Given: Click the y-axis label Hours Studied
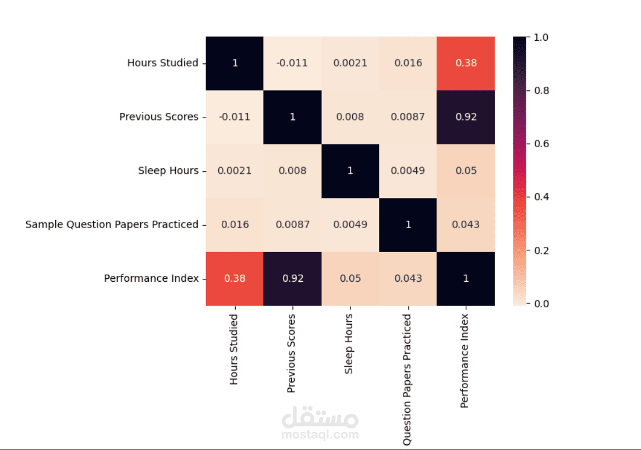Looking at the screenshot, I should point(162,63).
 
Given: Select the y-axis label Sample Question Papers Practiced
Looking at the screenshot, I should point(112,224).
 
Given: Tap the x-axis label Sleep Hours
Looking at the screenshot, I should point(349,345).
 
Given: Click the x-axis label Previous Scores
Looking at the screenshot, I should point(292,353).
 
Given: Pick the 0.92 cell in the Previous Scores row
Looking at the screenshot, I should point(466,116).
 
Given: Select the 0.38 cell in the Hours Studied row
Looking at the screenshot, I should point(466,63).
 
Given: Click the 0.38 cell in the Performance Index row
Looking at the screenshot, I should point(235,278).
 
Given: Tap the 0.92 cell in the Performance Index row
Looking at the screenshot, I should point(292,278).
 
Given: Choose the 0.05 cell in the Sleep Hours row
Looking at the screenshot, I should point(466,171).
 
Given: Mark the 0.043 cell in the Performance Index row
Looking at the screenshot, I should point(408,278).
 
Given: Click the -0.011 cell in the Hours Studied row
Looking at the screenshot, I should point(292,63).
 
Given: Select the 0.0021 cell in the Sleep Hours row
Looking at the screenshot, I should point(235,171).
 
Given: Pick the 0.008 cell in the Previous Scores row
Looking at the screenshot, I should point(350,116).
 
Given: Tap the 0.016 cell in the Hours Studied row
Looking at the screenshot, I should point(408,63).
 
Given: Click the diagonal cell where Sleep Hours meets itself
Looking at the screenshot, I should point(350,171).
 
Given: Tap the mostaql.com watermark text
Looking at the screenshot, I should point(320,434).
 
